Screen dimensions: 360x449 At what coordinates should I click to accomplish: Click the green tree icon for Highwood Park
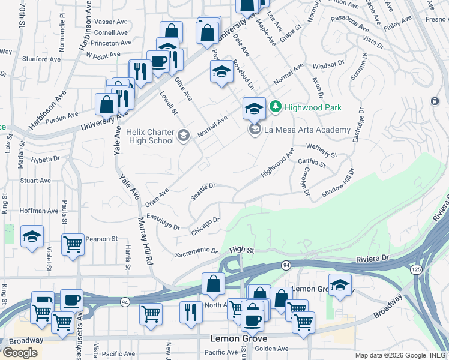pyautogui.click(x=276, y=107)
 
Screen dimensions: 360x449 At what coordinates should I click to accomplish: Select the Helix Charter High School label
pyautogui.click(x=151, y=136)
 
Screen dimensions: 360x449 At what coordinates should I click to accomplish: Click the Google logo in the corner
pyautogui.click(x=20, y=352)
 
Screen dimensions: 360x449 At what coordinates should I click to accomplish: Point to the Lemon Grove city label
pyautogui.click(x=239, y=338)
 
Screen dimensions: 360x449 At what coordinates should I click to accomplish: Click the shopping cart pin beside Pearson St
pyautogui.click(x=73, y=244)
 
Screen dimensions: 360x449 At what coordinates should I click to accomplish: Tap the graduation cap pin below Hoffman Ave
pyautogui.click(x=32, y=236)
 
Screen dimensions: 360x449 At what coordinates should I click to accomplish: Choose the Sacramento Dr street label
pyautogui.click(x=195, y=252)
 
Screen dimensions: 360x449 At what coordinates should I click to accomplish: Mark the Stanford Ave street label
pyautogui.click(x=39, y=59)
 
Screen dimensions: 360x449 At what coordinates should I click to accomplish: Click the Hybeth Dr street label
pyautogui.click(x=46, y=160)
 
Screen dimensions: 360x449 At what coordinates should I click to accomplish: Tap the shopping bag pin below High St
pyautogui.click(x=213, y=284)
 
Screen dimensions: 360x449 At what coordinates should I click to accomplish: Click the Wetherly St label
pyautogui.click(x=322, y=150)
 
